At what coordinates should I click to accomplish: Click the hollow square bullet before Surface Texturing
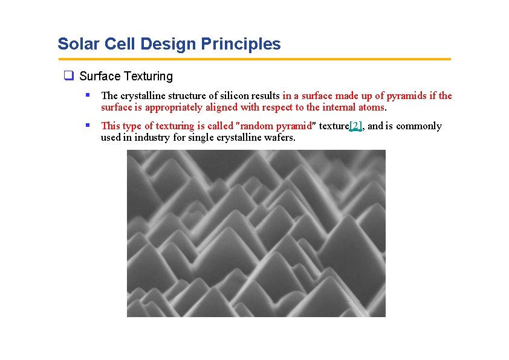click(69, 76)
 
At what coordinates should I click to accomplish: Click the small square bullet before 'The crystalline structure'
click(88, 95)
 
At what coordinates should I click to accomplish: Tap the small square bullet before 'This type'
click(88, 125)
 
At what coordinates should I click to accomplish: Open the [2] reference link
click(356, 126)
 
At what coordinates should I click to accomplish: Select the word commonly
click(419, 126)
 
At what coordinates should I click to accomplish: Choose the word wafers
click(279, 138)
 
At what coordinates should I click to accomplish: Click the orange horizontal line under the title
click(254, 59)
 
